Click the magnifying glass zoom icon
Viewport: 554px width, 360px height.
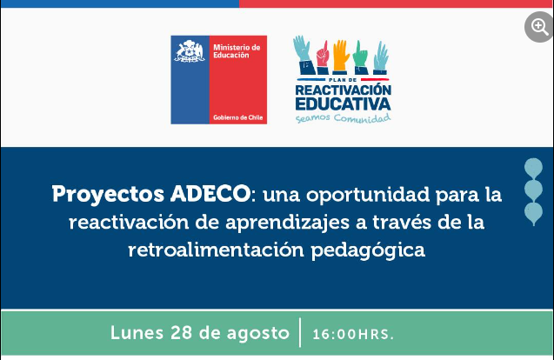[x=539, y=27]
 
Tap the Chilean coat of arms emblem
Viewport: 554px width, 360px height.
[x=190, y=51]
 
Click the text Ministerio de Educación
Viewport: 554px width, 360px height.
[x=237, y=51]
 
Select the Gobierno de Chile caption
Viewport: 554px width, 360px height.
[x=237, y=117]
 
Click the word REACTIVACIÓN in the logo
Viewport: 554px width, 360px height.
[x=343, y=90]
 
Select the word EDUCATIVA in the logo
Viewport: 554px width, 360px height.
[x=343, y=103]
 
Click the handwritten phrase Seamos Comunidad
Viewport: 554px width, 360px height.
[x=343, y=118]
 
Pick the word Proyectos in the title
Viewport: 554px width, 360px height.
[x=108, y=195]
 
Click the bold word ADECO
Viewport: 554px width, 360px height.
[x=210, y=194]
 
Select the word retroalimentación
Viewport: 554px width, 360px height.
[x=216, y=250]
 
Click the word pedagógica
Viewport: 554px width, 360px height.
[x=368, y=250]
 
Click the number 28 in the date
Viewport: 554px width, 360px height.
[x=182, y=332]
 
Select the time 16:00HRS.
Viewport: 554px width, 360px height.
[x=353, y=334]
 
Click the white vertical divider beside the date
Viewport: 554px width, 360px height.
[x=300, y=332]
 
